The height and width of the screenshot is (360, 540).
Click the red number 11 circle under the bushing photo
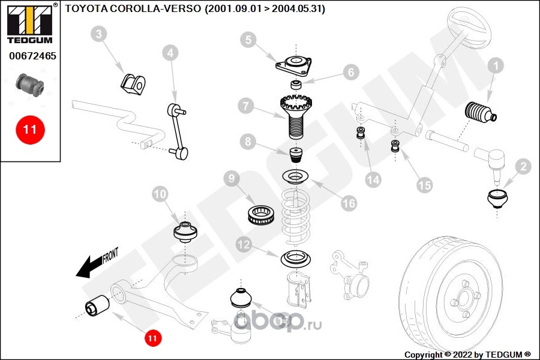pos(30,130)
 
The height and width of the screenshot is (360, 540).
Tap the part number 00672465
pos(33,56)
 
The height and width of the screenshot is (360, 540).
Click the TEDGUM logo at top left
pos(31,24)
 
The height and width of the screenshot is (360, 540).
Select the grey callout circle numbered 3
pos(99,34)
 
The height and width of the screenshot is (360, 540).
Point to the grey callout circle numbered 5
pos(248,40)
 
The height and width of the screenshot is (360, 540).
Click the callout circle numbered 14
pos(373,180)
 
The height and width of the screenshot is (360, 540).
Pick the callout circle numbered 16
pos(349,203)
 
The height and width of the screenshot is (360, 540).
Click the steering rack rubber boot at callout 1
pos(481,112)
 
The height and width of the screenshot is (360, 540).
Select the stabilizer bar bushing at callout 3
pos(133,85)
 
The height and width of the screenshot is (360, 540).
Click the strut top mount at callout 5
pos(294,65)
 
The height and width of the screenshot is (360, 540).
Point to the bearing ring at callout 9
pos(261,214)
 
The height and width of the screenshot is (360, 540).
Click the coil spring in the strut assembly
pos(295,217)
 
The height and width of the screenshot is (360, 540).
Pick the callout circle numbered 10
pos(160,194)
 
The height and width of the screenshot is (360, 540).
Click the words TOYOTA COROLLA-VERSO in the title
pos(133,8)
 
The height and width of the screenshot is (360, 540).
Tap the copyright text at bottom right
pos(467,355)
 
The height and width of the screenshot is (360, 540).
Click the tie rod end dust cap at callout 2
pos(498,199)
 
